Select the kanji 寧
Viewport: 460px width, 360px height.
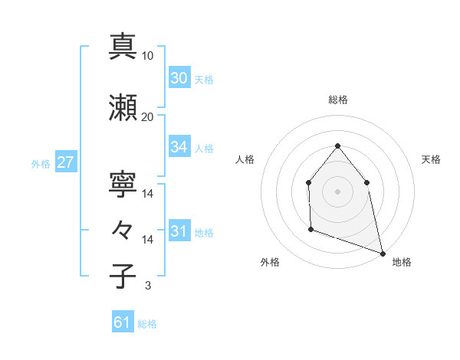[123, 183]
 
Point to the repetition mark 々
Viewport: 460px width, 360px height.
[123, 229]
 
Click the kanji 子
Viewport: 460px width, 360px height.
[123, 275]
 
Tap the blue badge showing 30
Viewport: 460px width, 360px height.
[179, 78]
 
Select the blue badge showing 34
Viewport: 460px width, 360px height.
[179, 147]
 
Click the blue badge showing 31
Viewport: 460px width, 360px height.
[179, 232]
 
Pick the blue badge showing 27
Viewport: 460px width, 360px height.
[65, 162]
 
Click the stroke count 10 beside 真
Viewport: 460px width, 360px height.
[148, 56]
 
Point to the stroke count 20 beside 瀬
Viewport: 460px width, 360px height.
[148, 116]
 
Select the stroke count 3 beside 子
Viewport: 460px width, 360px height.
[148, 286]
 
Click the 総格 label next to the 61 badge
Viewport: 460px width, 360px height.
[147, 324]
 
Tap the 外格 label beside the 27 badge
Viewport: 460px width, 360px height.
[41, 163]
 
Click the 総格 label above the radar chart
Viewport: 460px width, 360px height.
[337, 100]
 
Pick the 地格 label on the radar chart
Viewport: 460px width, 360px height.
[402, 262]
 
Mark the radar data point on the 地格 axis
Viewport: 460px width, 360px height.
[382, 252]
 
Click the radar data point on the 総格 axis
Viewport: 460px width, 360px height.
[337, 146]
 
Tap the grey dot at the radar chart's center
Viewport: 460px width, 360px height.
[337, 191]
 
